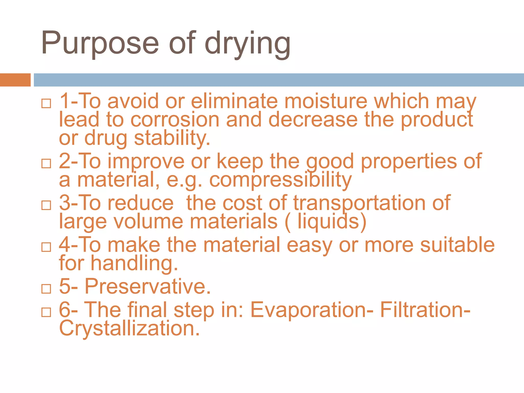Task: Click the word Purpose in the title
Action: (100, 43)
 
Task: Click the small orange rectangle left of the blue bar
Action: (15, 80)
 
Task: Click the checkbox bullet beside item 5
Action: (46, 289)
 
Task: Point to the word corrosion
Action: (175, 120)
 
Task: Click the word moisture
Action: (326, 101)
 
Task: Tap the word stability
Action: (172, 138)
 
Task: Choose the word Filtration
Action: (425, 310)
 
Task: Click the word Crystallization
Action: (129, 328)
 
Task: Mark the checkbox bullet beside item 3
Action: (46, 205)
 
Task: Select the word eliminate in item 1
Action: (234, 101)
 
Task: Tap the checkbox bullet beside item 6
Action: (46, 312)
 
